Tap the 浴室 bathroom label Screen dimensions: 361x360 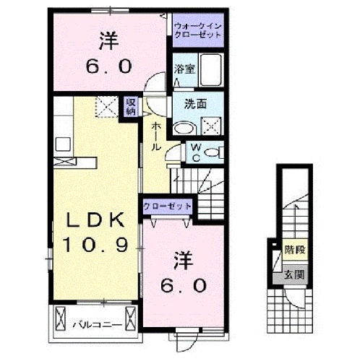click(x=184, y=70)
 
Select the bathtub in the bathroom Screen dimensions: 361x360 click(x=212, y=70)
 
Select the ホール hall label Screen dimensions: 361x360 click(x=155, y=134)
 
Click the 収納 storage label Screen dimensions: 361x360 click(x=131, y=107)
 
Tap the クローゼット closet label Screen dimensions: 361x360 click(x=167, y=206)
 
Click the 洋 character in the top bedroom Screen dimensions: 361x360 click(x=111, y=40)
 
